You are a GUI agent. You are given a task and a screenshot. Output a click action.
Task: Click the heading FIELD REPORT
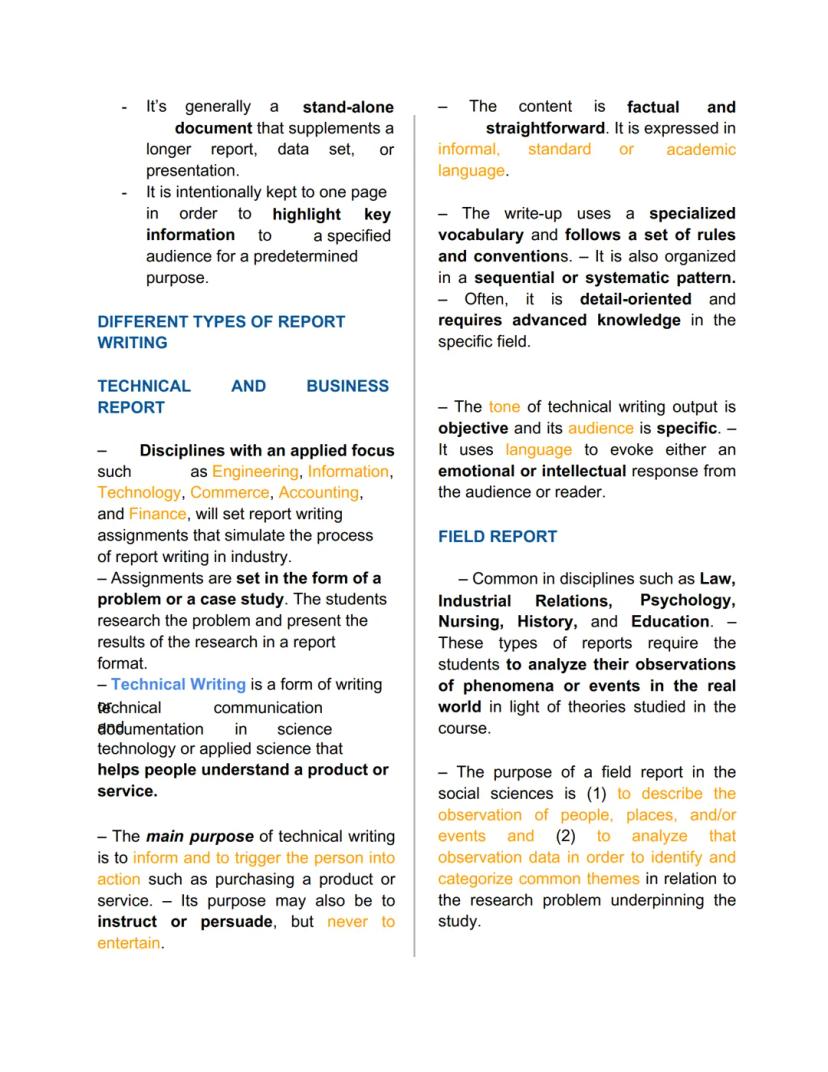(497, 536)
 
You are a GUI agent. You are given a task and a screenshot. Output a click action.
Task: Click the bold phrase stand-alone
(348, 107)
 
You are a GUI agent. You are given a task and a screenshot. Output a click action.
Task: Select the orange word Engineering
(255, 471)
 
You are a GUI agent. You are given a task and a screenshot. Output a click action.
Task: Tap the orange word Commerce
(230, 492)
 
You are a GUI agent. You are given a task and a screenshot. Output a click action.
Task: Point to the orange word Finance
(157, 514)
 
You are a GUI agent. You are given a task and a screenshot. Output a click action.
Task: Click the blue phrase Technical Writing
(178, 684)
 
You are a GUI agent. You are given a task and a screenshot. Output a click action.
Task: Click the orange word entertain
(128, 943)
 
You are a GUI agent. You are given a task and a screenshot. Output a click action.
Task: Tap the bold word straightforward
(545, 128)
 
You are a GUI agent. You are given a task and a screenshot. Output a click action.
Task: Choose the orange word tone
(504, 406)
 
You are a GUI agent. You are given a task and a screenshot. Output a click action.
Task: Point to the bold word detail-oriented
(635, 299)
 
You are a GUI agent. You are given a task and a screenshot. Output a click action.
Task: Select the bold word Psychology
(687, 600)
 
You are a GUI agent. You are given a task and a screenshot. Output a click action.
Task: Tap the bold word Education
(670, 622)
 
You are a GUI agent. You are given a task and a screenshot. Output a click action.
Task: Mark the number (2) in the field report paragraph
(566, 836)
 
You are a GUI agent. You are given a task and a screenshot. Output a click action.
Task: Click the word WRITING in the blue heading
(132, 342)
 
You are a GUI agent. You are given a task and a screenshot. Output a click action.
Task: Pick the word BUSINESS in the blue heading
(347, 385)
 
